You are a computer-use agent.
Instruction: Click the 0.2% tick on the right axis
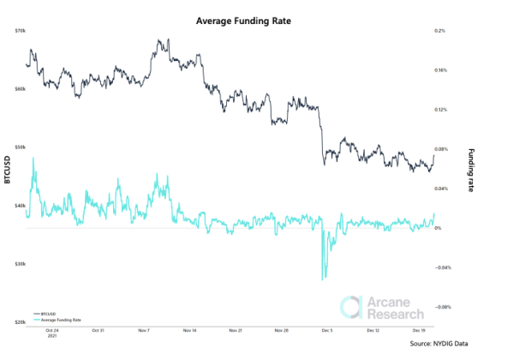(440, 31)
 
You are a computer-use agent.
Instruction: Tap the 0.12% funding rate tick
(442, 110)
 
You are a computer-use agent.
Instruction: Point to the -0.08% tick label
(444, 307)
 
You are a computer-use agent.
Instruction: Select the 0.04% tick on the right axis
(442, 189)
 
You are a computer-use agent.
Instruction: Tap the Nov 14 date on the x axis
(187, 330)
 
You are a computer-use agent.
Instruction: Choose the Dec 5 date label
(326, 330)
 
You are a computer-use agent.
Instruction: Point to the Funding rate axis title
(469, 169)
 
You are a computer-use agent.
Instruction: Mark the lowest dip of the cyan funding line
(323, 279)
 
